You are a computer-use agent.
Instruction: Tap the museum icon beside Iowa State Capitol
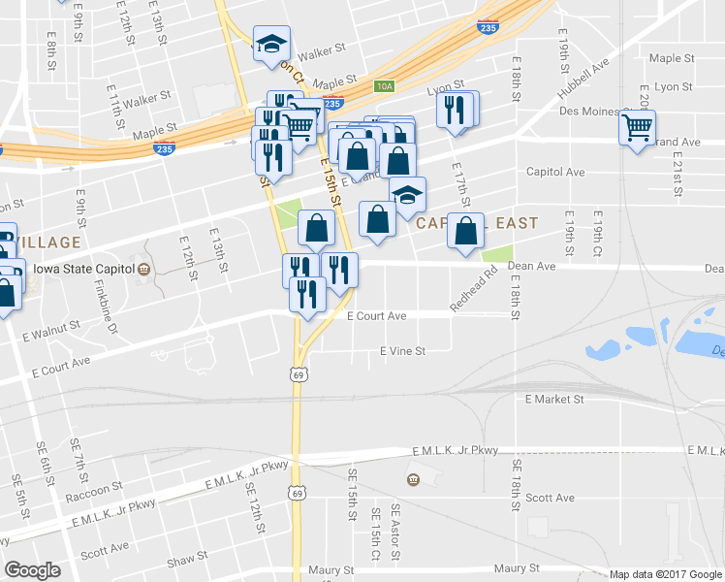coord(143,269)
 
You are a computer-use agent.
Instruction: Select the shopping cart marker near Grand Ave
coord(638,128)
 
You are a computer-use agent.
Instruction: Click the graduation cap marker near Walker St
coord(271,43)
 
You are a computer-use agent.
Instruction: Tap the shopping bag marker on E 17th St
coord(466,231)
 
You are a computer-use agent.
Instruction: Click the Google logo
coord(32,570)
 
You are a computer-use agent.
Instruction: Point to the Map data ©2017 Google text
coord(666,574)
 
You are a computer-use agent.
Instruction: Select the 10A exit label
coord(386,86)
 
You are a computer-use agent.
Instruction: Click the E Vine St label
coord(402,351)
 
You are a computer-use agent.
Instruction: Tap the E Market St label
coord(553,399)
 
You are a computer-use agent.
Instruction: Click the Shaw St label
coord(187,559)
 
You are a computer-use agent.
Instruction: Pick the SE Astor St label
coord(395,533)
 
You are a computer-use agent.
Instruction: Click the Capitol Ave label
coord(555,172)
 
